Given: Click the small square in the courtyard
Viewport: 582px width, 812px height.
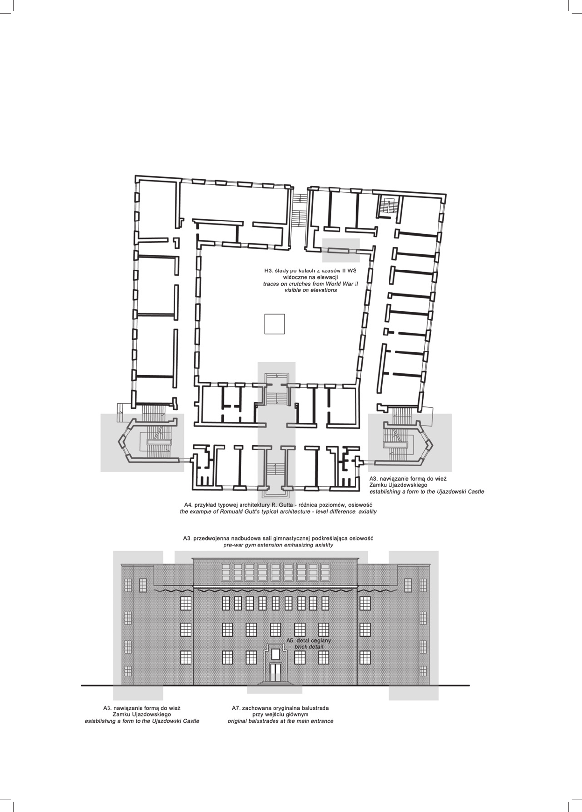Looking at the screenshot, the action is click(x=274, y=324).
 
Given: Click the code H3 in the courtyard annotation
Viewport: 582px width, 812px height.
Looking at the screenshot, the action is click(x=268, y=271).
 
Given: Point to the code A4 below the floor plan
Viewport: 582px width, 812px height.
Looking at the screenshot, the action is click(x=189, y=505).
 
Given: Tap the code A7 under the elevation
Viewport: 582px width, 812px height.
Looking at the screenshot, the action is click(x=236, y=708).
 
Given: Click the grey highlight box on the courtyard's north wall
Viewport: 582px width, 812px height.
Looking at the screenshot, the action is click(x=341, y=250).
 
